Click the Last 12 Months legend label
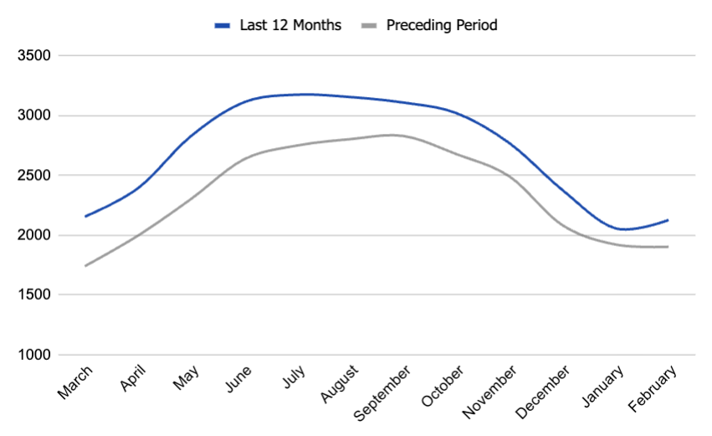(x=289, y=25)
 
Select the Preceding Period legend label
(x=442, y=25)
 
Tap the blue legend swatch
(x=222, y=25)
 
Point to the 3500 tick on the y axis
(x=33, y=56)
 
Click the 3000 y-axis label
(x=33, y=115)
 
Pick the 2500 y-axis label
(x=33, y=176)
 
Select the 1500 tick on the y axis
(x=33, y=295)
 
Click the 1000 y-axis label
(x=33, y=355)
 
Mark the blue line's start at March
(x=85, y=217)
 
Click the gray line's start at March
(x=85, y=266)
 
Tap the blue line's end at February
(x=668, y=220)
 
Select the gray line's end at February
(x=668, y=247)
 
